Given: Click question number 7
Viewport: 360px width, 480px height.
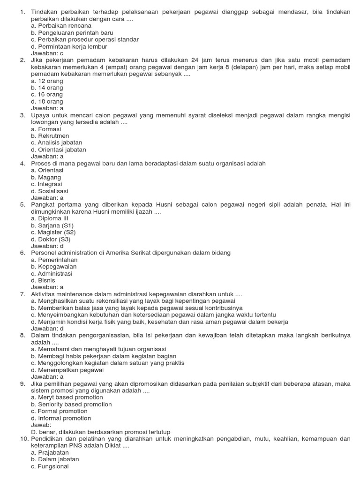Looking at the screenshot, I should pos(22,294).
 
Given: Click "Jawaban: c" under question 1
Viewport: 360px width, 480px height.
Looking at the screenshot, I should pos(47,53).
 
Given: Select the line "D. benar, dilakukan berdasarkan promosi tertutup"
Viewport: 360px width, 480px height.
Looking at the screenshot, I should pos(100,432).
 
